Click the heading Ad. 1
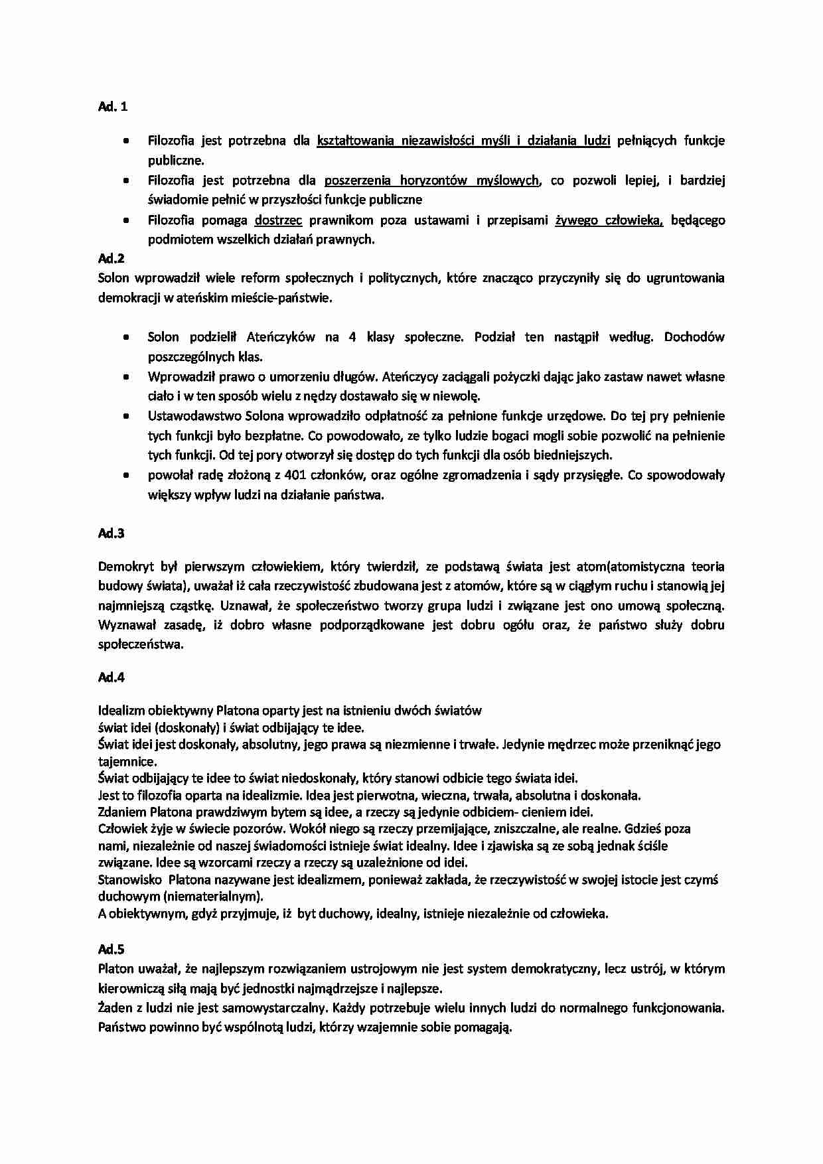coord(113,106)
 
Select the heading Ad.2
coord(112,258)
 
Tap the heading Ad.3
coord(112,533)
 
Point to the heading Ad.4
coord(112,677)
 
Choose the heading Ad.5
coord(112,949)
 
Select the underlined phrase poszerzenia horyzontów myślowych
coord(431,180)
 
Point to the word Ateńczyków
coord(281,337)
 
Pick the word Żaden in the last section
coord(113,1007)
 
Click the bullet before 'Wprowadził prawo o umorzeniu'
coord(125,377)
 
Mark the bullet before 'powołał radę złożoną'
coord(125,475)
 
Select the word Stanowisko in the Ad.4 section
coord(129,879)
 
